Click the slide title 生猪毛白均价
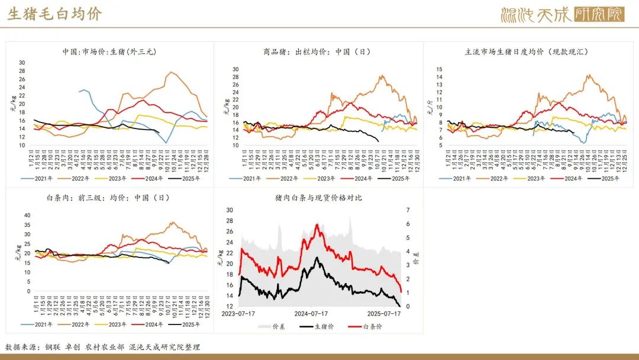click(54, 14)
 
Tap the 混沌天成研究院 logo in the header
click(562, 14)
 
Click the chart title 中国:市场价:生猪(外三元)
click(109, 52)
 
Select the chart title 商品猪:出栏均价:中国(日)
click(317, 52)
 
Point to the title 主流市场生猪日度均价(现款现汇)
click(527, 52)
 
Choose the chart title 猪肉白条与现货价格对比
click(318, 198)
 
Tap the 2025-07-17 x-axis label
click(385, 314)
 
